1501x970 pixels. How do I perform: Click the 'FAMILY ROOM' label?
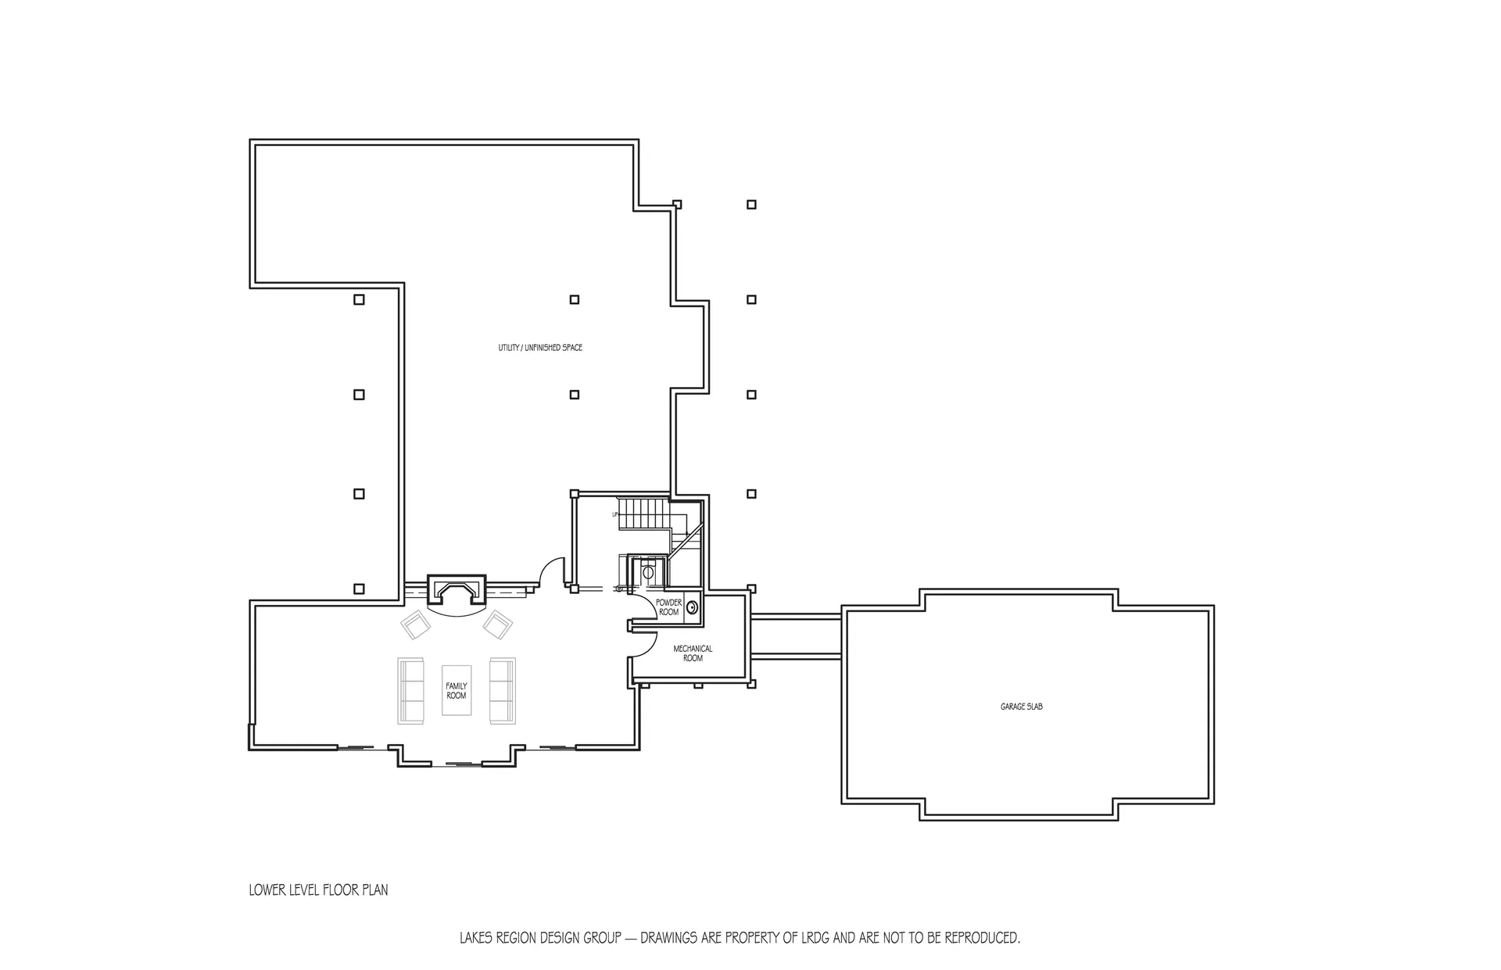click(x=457, y=691)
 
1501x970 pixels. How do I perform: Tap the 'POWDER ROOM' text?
click(x=668, y=607)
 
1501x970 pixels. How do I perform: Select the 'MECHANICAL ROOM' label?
click(x=693, y=653)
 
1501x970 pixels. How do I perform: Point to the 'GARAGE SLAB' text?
click(x=1021, y=707)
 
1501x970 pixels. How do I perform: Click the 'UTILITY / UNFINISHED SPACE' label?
click(x=540, y=348)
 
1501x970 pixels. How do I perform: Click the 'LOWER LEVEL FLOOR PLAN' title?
click(x=318, y=889)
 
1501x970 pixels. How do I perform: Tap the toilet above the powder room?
click(x=648, y=571)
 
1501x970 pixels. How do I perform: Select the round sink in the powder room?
click(x=692, y=607)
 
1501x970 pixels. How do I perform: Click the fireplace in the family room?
click(x=457, y=592)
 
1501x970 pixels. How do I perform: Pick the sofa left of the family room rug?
click(x=410, y=691)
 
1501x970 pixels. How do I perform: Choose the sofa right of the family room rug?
click(x=503, y=691)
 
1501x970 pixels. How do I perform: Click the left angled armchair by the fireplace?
click(x=416, y=625)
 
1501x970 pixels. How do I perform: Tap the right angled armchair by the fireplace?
click(x=497, y=625)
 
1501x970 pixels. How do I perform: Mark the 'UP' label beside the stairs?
click(x=615, y=514)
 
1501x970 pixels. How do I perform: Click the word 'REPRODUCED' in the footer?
click(x=982, y=937)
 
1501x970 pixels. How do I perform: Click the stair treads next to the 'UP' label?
click(x=645, y=513)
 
